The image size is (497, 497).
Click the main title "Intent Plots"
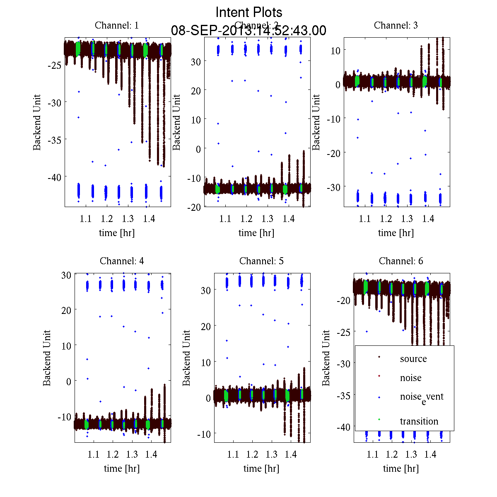click(x=249, y=12)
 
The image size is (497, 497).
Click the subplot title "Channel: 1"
click(x=117, y=25)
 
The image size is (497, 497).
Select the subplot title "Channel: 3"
click(x=396, y=25)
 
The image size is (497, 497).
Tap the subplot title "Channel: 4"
click(x=122, y=261)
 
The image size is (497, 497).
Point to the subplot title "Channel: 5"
click(x=261, y=261)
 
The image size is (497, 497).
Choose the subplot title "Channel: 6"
click(x=401, y=261)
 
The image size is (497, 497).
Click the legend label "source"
click(x=413, y=359)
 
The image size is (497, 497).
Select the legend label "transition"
click(x=419, y=422)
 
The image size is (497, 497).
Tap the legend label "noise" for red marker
click(x=410, y=378)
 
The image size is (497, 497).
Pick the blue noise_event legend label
click(x=421, y=397)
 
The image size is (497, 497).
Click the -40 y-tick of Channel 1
click(x=54, y=177)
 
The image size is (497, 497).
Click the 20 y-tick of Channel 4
click(x=66, y=310)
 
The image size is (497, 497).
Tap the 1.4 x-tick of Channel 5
click(x=290, y=454)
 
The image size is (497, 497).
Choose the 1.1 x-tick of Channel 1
click(x=86, y=219)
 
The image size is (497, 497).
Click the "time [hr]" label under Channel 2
click(x=256, y=233)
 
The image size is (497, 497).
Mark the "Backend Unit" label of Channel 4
click(x=47, y=358)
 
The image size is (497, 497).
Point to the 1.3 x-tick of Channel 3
click(x=407, y=219)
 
